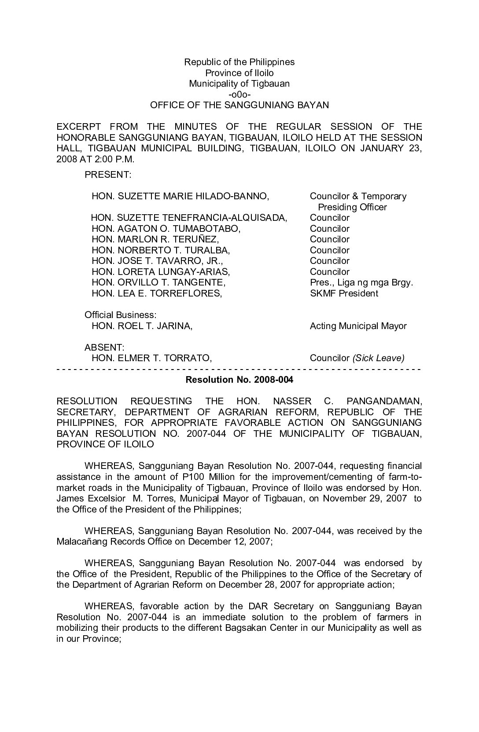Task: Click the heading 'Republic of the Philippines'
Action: (x=239, y=62)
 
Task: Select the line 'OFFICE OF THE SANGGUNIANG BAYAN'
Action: (x=239, y=105)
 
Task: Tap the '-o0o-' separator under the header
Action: (x=239, y=95)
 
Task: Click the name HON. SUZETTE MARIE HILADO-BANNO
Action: (x=180, y=196)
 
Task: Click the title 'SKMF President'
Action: (x=344, y=293)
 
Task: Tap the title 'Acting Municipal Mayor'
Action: (x=358, y=326)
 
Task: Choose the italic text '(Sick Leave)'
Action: (x=378, y=358)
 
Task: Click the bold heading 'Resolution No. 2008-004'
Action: (x=239, y=380)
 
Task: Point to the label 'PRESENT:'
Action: (x=108, y=175)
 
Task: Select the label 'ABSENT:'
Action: (x=104, y=348)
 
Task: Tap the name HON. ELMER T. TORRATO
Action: (x=151, y=358)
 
